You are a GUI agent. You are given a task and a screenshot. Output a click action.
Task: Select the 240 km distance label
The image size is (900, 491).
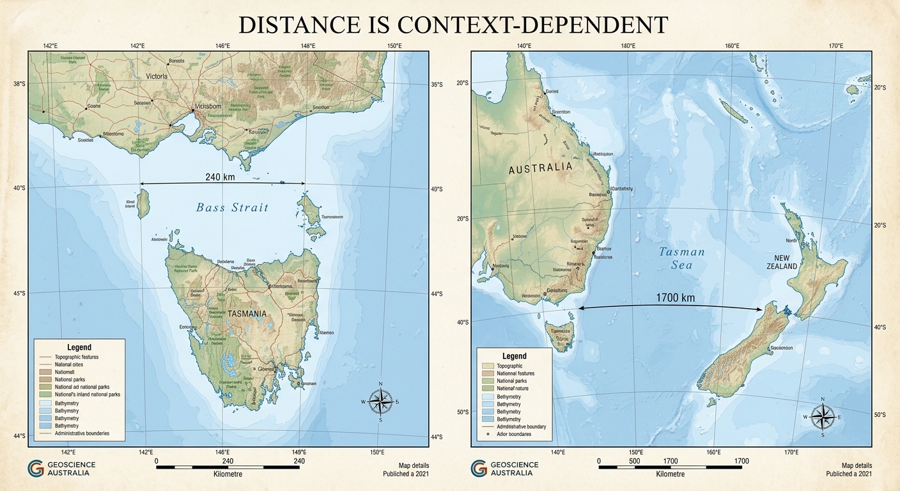click(x=220, y=176)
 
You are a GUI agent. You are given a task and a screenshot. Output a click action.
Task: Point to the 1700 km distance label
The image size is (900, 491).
click(x=675, y=297)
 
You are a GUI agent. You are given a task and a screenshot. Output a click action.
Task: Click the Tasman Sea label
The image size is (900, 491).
click(x=681, y=258)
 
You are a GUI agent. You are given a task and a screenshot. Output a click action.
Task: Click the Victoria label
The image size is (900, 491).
click(x=157, y=76)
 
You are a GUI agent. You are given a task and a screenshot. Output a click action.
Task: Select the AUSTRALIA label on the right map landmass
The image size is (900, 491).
click(x=541, y=168)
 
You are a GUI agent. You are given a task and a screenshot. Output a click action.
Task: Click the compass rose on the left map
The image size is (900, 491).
click(x=380, y=402)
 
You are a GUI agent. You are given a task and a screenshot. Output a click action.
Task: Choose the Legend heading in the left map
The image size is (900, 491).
click(x=79, y=347)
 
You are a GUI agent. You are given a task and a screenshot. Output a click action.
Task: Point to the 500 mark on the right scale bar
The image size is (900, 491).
click(x=634, y=460)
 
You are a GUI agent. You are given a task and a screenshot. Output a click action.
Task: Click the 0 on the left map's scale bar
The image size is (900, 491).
click(x=157, y=460)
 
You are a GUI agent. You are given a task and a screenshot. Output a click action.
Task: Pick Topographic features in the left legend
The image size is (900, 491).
click(x=77, y=357)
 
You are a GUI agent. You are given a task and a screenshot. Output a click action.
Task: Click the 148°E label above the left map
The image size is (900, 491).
click(x=307, y=45)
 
